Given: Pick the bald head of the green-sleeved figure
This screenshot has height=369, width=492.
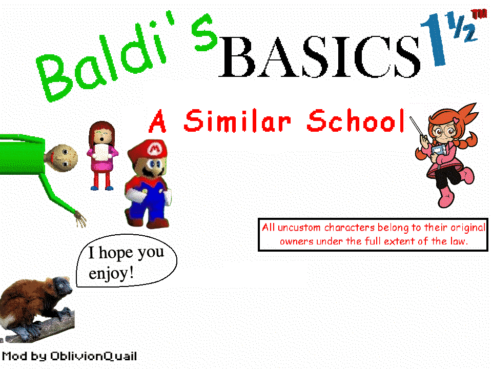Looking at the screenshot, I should pos(64,156).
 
